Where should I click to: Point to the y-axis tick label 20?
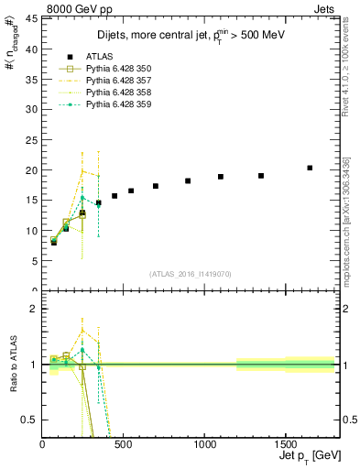pos(30,170)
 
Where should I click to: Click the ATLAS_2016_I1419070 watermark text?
pos(189,274)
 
